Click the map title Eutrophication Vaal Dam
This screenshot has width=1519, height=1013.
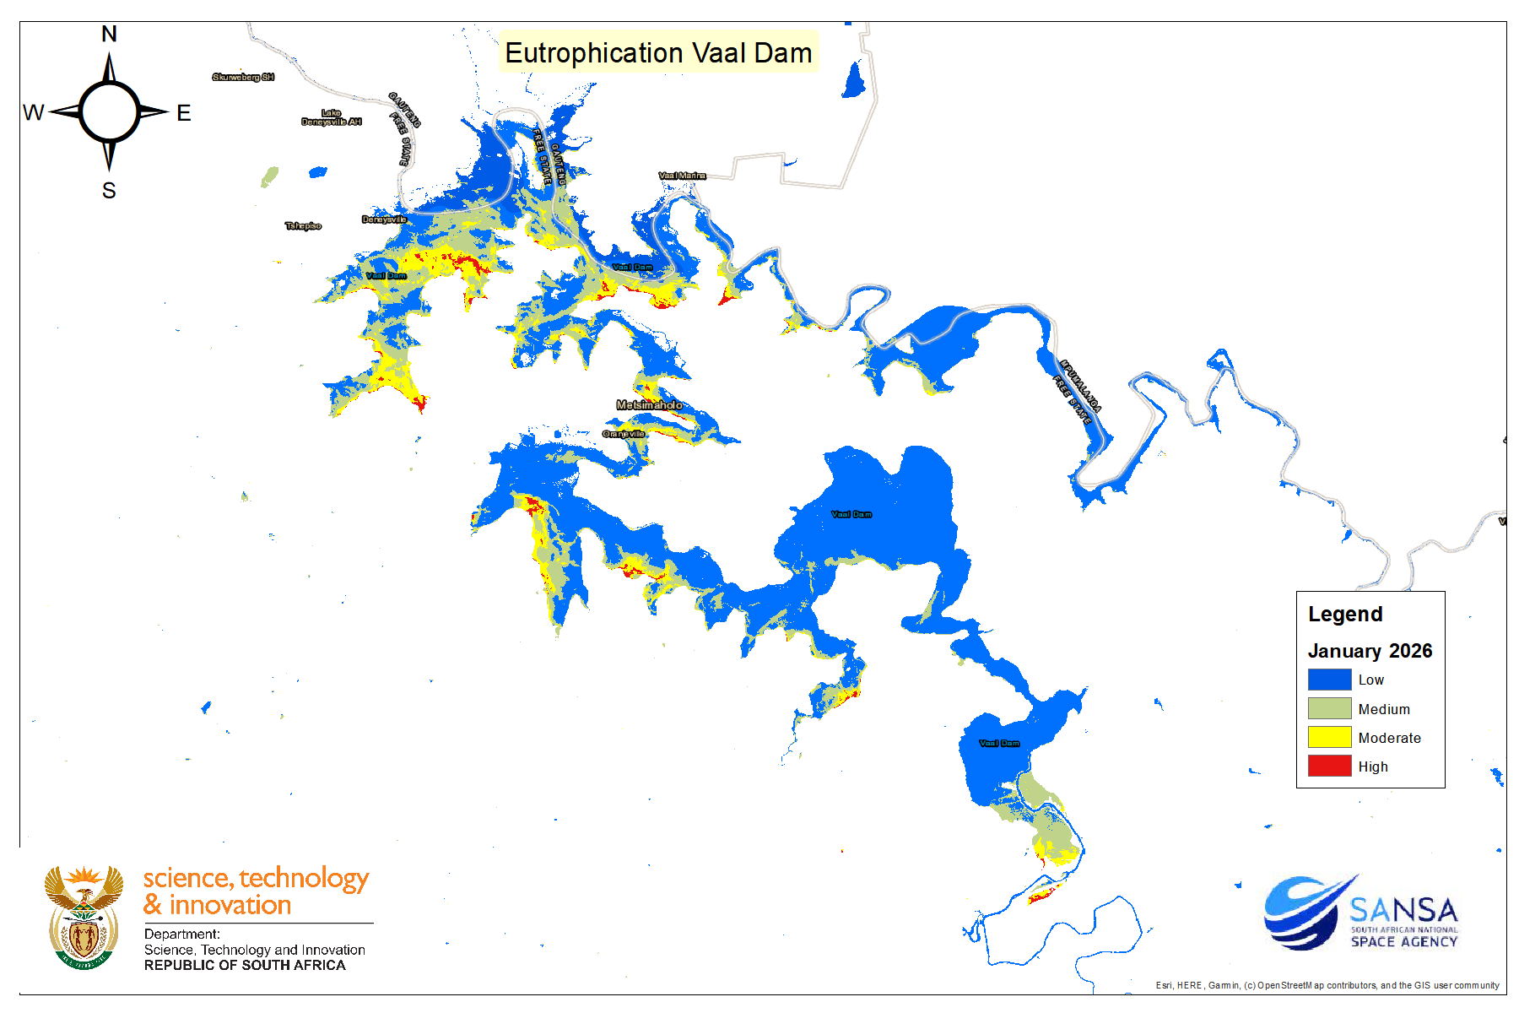(658, 52)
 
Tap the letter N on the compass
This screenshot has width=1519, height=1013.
(109, 34)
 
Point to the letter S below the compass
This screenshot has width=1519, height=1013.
(109, 191)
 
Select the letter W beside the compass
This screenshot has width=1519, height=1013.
(34, 112)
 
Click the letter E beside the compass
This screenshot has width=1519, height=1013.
(184, 112)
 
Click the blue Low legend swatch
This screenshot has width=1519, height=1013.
(1329, 680)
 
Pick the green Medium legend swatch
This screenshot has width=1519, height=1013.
(1329, 709)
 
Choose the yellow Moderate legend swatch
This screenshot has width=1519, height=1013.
(1329, 738)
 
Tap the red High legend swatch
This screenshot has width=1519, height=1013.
(1329, 767)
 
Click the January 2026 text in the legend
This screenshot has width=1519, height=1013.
(1370, 651)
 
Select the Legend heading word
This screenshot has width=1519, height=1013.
(1345, 615)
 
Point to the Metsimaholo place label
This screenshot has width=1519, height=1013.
(649, 405)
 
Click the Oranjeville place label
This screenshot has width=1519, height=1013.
(624, 434)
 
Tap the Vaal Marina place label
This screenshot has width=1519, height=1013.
(682, 176)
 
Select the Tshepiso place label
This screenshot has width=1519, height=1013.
(303, 226)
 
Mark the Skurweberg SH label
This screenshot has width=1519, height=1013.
(243, 77)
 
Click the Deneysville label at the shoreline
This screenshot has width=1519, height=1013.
(384, 219)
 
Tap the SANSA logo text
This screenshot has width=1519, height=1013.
(1403, 912)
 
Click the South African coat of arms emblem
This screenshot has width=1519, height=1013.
(84, 917)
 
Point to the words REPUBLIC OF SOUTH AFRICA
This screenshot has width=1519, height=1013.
(245, 965)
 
